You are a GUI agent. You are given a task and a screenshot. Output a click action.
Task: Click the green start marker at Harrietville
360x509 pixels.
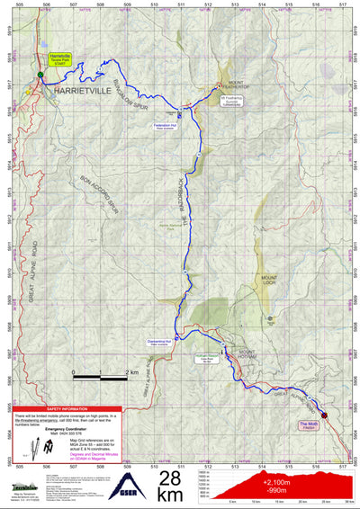[40, 74]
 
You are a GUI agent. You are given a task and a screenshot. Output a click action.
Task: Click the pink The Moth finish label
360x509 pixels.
[309, 424]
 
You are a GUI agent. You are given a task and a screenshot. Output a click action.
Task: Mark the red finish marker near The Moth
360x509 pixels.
[325, 414]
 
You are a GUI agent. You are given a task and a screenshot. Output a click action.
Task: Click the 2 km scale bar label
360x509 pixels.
[131, 371]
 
